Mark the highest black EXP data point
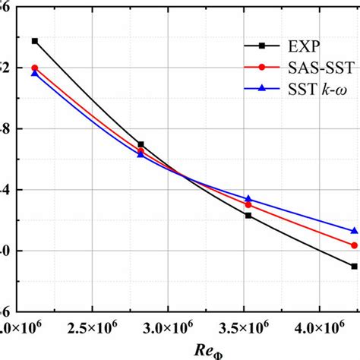(x=34, y=40)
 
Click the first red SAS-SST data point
(x=34, y=68)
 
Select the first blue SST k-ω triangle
(x=34, y=73)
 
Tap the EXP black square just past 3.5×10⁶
(x=248, y=215)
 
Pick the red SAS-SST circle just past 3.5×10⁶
(x=248, y=204)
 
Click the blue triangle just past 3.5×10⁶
(x=248, y=198)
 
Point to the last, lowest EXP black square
(x=355, y=266)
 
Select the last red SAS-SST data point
(x=355, y=245)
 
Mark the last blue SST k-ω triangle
(x=355, y=230)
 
